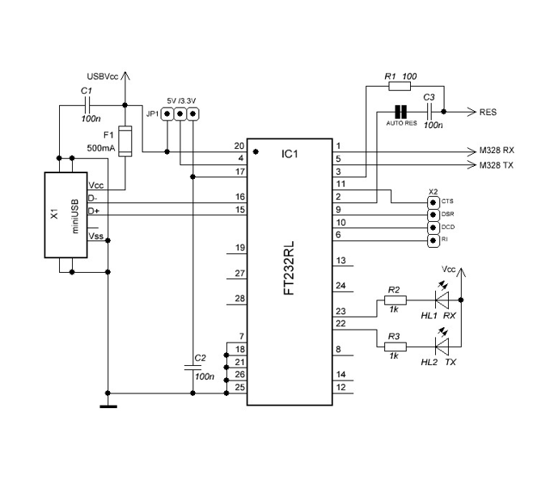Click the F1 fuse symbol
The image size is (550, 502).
125,141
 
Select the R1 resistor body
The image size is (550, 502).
400,86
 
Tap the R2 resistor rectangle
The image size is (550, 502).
396,300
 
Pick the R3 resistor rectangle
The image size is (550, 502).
396,347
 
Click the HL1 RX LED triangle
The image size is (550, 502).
442,300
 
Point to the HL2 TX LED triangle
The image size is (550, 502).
442,347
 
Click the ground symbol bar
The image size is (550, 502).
108,406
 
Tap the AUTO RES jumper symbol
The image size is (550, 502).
400,112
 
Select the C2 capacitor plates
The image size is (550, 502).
192,368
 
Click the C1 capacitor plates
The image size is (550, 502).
87,105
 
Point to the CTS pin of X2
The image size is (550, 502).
434,202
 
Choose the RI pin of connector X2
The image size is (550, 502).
434,240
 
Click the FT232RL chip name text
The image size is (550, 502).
289,268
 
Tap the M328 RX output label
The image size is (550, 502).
497,151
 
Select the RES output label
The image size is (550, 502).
488,112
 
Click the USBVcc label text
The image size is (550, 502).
103,77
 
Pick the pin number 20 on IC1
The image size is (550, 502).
239,146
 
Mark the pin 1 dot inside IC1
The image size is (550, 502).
256,151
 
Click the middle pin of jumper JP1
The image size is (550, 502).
180,113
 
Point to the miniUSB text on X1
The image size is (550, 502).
75,216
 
